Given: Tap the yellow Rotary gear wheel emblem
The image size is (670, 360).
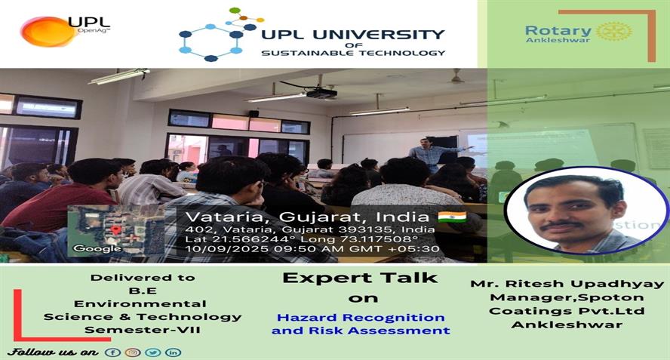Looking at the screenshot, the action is (613, 32).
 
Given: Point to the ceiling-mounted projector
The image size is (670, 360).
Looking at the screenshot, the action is (321, 92).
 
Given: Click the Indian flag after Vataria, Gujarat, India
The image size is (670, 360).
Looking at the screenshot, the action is (452, 217).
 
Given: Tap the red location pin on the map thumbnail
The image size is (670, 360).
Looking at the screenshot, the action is (115, 230).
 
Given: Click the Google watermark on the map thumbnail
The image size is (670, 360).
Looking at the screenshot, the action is (97, 248).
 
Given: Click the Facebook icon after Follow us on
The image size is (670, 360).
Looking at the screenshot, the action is (113, 352).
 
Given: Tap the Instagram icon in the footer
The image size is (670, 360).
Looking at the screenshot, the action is (133, 352).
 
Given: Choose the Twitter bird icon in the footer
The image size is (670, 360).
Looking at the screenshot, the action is (153, 352).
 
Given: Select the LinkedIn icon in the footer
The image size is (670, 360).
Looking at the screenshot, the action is (173, 352).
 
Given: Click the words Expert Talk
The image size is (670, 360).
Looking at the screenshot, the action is (360, 278).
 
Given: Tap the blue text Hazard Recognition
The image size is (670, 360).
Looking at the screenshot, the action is (361, 318).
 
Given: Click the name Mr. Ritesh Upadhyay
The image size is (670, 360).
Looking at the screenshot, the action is (567, 284).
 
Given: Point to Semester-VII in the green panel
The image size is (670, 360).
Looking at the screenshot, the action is (143, 330).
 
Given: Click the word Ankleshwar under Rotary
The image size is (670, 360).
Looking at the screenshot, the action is (558, 40).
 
